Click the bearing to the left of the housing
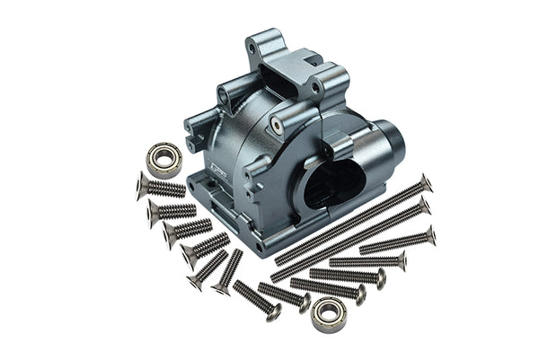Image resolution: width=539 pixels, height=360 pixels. pos(163,158)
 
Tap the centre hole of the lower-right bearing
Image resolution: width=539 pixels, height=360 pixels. pos(329,314)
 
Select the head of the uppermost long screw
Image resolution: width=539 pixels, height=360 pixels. pos(426,182)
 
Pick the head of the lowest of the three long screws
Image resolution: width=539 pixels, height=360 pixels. pos(431,236)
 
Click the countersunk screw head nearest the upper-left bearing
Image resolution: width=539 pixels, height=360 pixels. pos(142,185)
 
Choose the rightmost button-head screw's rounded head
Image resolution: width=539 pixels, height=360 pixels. pos(402,261)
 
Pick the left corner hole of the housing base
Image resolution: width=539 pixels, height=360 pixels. pos(191,186)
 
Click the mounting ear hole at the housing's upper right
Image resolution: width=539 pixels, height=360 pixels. pos(317,88)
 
